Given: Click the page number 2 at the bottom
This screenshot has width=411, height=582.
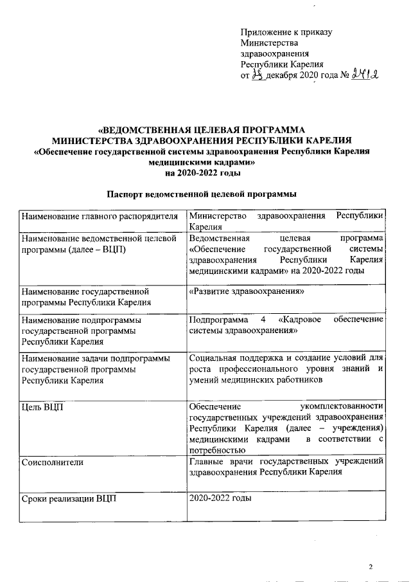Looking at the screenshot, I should (x=371, y=567).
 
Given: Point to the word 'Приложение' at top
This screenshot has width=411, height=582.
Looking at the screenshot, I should (x=265, y=32).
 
